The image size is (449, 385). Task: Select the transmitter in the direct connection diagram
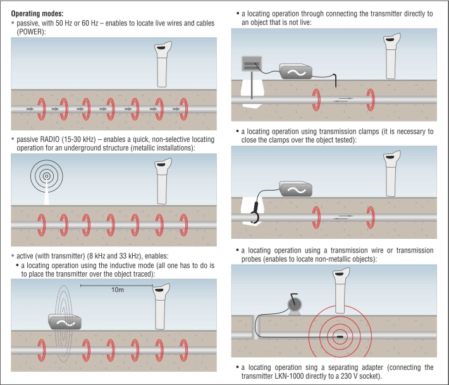click(x=296, y=71)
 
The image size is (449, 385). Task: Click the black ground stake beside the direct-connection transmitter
click(x=336, y=80)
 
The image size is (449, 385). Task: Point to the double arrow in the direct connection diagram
click(x=345, y=98)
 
